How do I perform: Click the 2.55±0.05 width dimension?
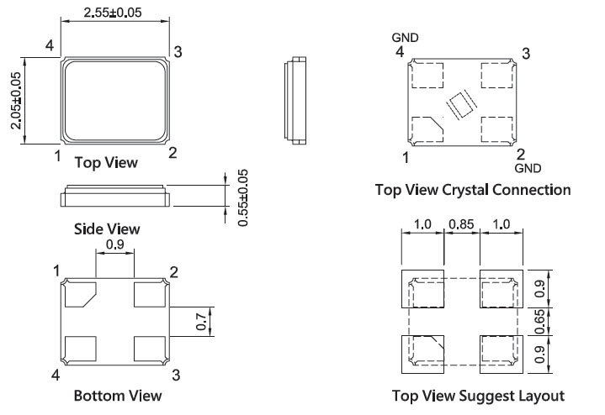pos(117,13)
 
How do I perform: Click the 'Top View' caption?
pos(106,162)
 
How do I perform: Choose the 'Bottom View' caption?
pos(117,395)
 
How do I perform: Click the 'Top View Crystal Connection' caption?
pos(472,190)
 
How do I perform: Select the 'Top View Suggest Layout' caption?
pos(478,395)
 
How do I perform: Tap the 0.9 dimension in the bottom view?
pos(115,245)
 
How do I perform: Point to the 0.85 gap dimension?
pos(461,225)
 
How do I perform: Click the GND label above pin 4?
pos(406,38)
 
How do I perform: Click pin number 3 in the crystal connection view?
pos(525,54)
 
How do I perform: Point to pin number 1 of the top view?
pos(57,155)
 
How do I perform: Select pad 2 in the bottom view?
pos(150,294)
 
